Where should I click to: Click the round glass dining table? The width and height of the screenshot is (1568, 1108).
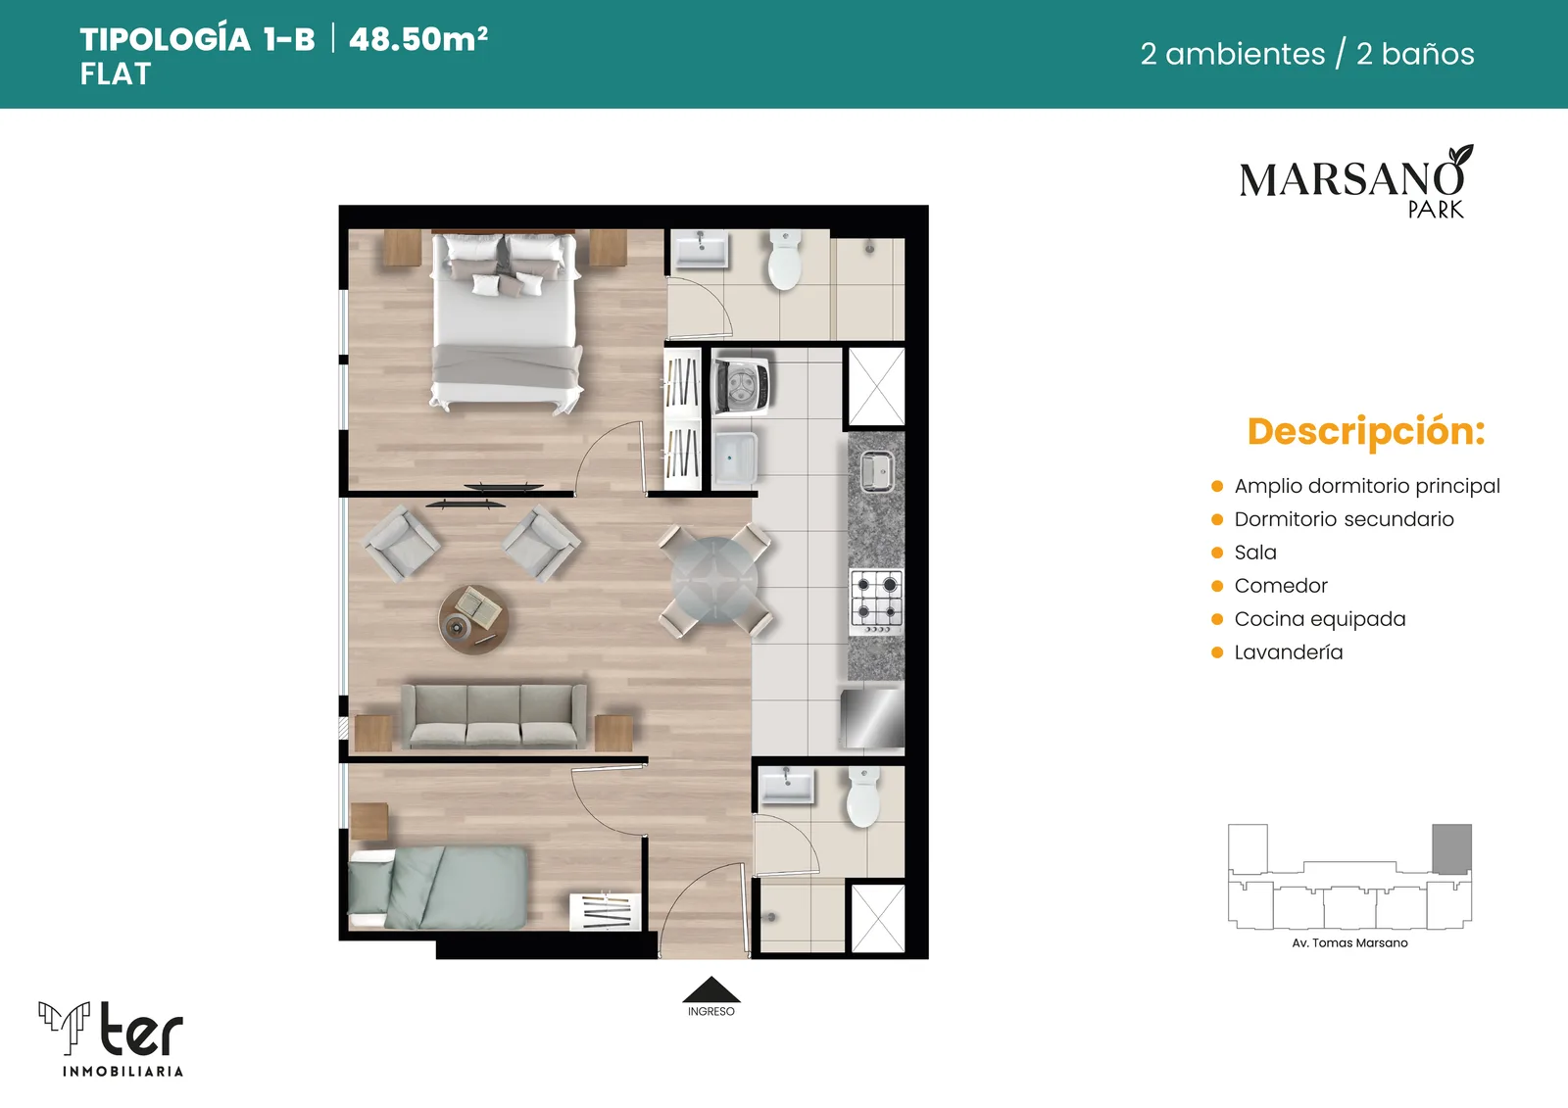coord(714,580)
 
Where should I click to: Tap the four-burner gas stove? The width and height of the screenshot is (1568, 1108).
coord(876,602)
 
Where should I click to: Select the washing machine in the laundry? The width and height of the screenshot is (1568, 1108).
coord(741,384)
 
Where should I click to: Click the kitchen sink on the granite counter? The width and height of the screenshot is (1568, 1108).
coord(877,470)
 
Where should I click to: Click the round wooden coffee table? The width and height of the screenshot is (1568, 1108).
coord(474,619)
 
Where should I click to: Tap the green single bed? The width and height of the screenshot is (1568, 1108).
coord(437,887)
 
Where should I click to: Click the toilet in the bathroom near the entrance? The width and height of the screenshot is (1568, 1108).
coord(863,797)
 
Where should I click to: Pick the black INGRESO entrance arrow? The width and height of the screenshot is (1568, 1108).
coord(711,989)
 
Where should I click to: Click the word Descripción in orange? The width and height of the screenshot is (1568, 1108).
coord(1366,431)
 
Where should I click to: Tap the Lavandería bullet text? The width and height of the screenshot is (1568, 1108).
coord(1289,652)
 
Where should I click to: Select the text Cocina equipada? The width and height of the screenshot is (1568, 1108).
coord(1319,619)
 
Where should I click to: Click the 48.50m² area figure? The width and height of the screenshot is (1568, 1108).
coord(417,39)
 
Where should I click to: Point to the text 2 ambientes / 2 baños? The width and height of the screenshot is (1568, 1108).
coord(1307,54)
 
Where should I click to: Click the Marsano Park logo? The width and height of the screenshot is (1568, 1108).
coord(1356,182)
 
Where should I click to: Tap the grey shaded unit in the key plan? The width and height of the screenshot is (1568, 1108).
coord(1451,848)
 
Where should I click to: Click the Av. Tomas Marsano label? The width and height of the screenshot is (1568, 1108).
coord(1349,942)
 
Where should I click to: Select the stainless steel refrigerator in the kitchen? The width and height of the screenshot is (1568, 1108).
coord(872,717)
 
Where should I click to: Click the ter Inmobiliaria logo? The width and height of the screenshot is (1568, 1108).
coord(112,1038)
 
